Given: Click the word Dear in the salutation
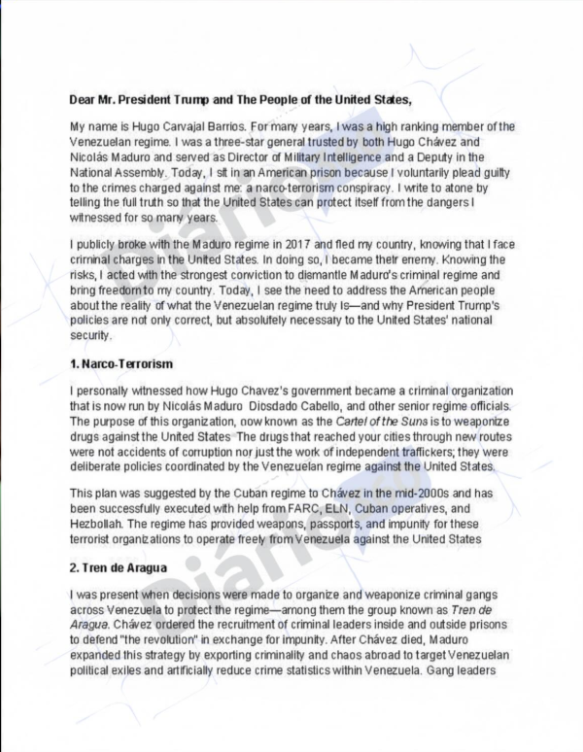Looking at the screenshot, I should pyautogui.click(x=83, y=99).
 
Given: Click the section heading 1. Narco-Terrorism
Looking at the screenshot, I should pyautogui.click(x=121, y=363).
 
